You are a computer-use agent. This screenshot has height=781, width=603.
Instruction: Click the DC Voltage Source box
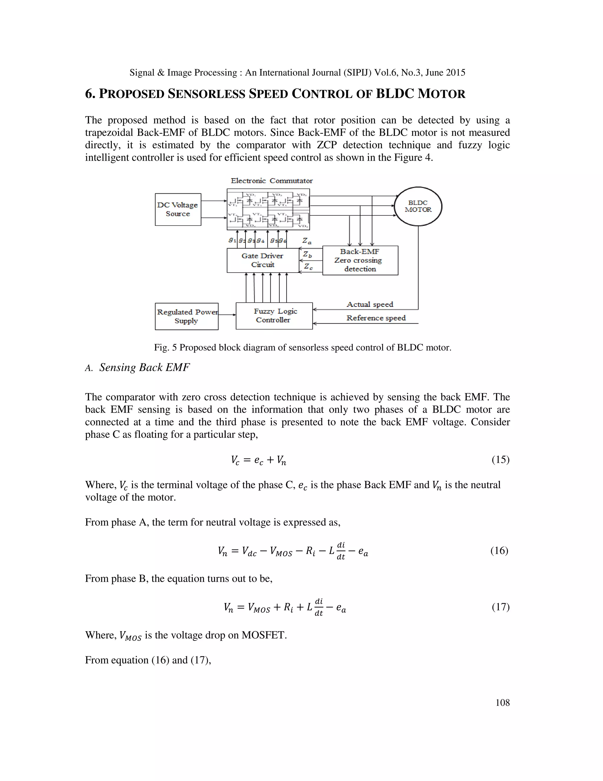coord(178,210)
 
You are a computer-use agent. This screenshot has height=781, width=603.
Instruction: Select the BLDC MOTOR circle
coord(418,206)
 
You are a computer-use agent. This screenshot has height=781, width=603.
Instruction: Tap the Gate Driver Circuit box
coord(263,260)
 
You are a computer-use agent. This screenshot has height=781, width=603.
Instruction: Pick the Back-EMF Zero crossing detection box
coord(360,260)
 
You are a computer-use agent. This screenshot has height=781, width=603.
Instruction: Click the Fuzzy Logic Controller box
coord(274,316)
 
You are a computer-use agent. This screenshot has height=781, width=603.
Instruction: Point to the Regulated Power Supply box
coord(186,317)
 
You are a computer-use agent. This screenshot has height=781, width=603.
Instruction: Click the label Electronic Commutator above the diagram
coord(271,181)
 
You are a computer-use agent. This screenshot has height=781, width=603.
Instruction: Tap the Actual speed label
coord(370,304)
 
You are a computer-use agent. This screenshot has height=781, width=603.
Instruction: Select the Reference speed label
coord(376,318)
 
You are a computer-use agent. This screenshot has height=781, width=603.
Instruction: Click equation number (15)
coord(500,459)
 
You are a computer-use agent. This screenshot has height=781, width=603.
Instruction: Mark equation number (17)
coord(500,607)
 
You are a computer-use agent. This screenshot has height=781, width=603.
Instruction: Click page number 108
coord(502,703)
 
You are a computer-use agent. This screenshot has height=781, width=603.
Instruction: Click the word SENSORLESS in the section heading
coord(206,94)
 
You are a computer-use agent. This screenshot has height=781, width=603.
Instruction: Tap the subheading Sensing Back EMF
coord(144,367)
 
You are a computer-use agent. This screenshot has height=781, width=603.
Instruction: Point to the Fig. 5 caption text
coord(303,347)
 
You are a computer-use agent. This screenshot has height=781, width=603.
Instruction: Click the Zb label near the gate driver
coord(307,255)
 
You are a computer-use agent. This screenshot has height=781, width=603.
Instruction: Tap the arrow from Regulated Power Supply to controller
coord(227,315)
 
